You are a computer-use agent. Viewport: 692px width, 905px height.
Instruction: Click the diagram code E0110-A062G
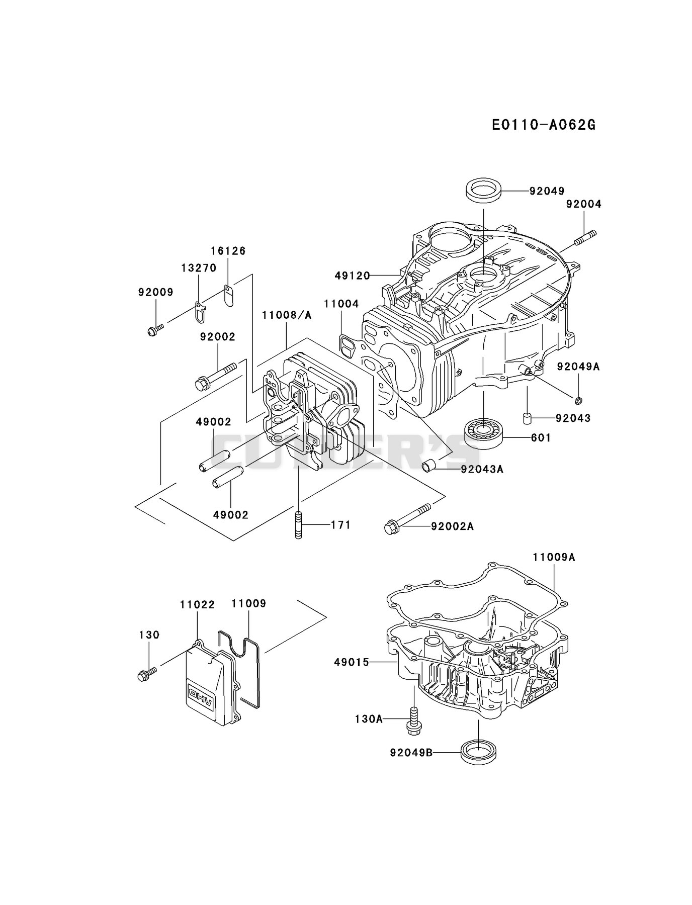tap(544, 125)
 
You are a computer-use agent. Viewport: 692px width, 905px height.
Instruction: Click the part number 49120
tap(352, 276)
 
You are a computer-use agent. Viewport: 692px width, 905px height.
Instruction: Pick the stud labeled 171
tap(299, 525)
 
